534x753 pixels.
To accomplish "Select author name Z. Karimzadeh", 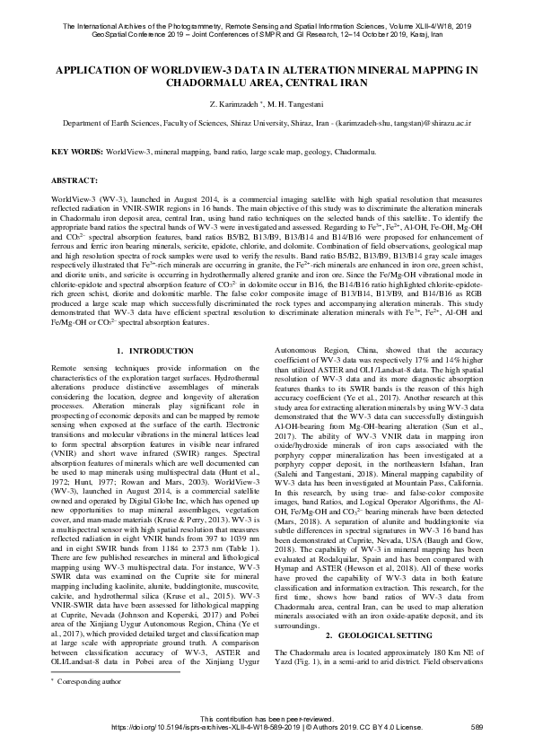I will (230, 104).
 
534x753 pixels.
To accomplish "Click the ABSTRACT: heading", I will (78, 180).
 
